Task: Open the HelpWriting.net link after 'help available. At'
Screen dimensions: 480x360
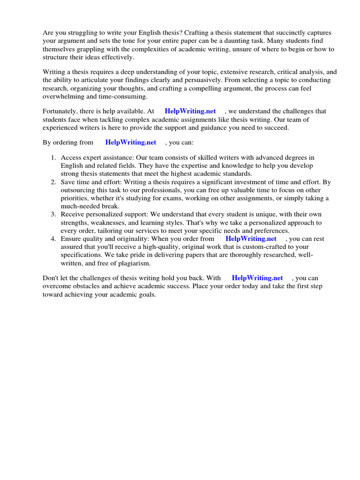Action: click(x=190, y=111)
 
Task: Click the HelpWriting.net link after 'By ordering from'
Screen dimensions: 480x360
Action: click(x=130, y=142)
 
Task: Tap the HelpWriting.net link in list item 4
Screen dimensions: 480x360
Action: click(x=251, y=239)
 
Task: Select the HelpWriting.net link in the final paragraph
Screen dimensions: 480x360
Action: click(x=257, y=278)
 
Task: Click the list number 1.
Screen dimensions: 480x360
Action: click(x=53, y=157)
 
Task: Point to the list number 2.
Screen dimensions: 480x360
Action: click(x=53, y=182)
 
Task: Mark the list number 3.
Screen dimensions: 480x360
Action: click(x=53, y=214)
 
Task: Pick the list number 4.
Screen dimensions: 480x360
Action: click(x=53, y=239)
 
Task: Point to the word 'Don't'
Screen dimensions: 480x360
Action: click(x=51, y=278)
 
